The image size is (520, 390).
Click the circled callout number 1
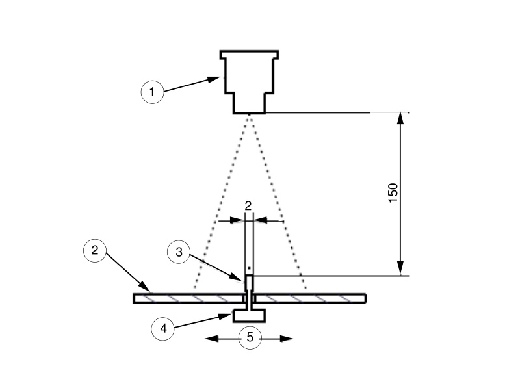coord(152,92)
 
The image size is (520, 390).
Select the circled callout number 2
coord(95,250)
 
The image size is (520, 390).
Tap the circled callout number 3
coord(179,252)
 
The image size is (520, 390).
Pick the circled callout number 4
coord(163,329)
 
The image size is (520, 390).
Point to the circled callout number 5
coord(250,337)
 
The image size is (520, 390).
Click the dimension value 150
coord(393,193)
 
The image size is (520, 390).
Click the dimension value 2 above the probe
coord(248,206)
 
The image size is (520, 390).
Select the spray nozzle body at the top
coord(250,83)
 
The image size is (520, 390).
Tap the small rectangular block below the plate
coord(250,315)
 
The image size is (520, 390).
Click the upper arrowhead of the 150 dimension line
coord(400,118)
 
